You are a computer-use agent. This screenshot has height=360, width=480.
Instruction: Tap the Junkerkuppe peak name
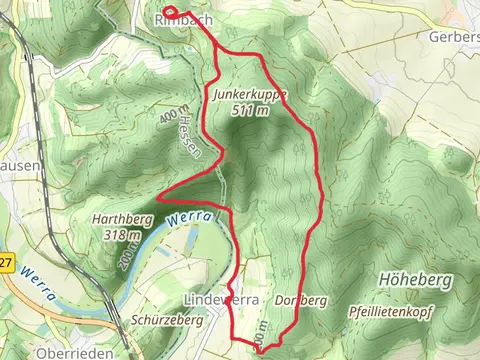tap(250, 95)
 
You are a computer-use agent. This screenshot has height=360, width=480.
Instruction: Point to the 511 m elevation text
tap(249, 111)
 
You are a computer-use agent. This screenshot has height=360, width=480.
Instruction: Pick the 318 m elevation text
tap(121, 235)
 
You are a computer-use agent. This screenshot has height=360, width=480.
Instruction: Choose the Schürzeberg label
tap(167, 320)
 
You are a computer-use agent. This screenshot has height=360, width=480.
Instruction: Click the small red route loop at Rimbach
tap(170, 14)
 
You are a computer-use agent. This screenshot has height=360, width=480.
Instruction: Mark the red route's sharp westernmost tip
tap(160, 194)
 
